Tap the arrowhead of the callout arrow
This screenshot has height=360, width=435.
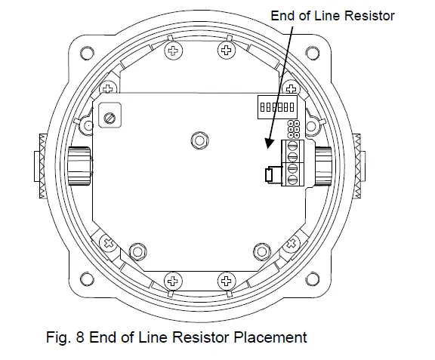tap(269, 143)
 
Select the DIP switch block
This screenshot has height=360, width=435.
tap(277, 107)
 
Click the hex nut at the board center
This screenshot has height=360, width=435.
tap(199, 140)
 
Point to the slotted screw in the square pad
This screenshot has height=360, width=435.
tap(110, 118)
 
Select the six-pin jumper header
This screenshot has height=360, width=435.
tap(294, 129)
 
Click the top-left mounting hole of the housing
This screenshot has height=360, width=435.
tap(87, 53)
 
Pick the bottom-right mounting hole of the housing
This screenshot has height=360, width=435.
tap(313, 278)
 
